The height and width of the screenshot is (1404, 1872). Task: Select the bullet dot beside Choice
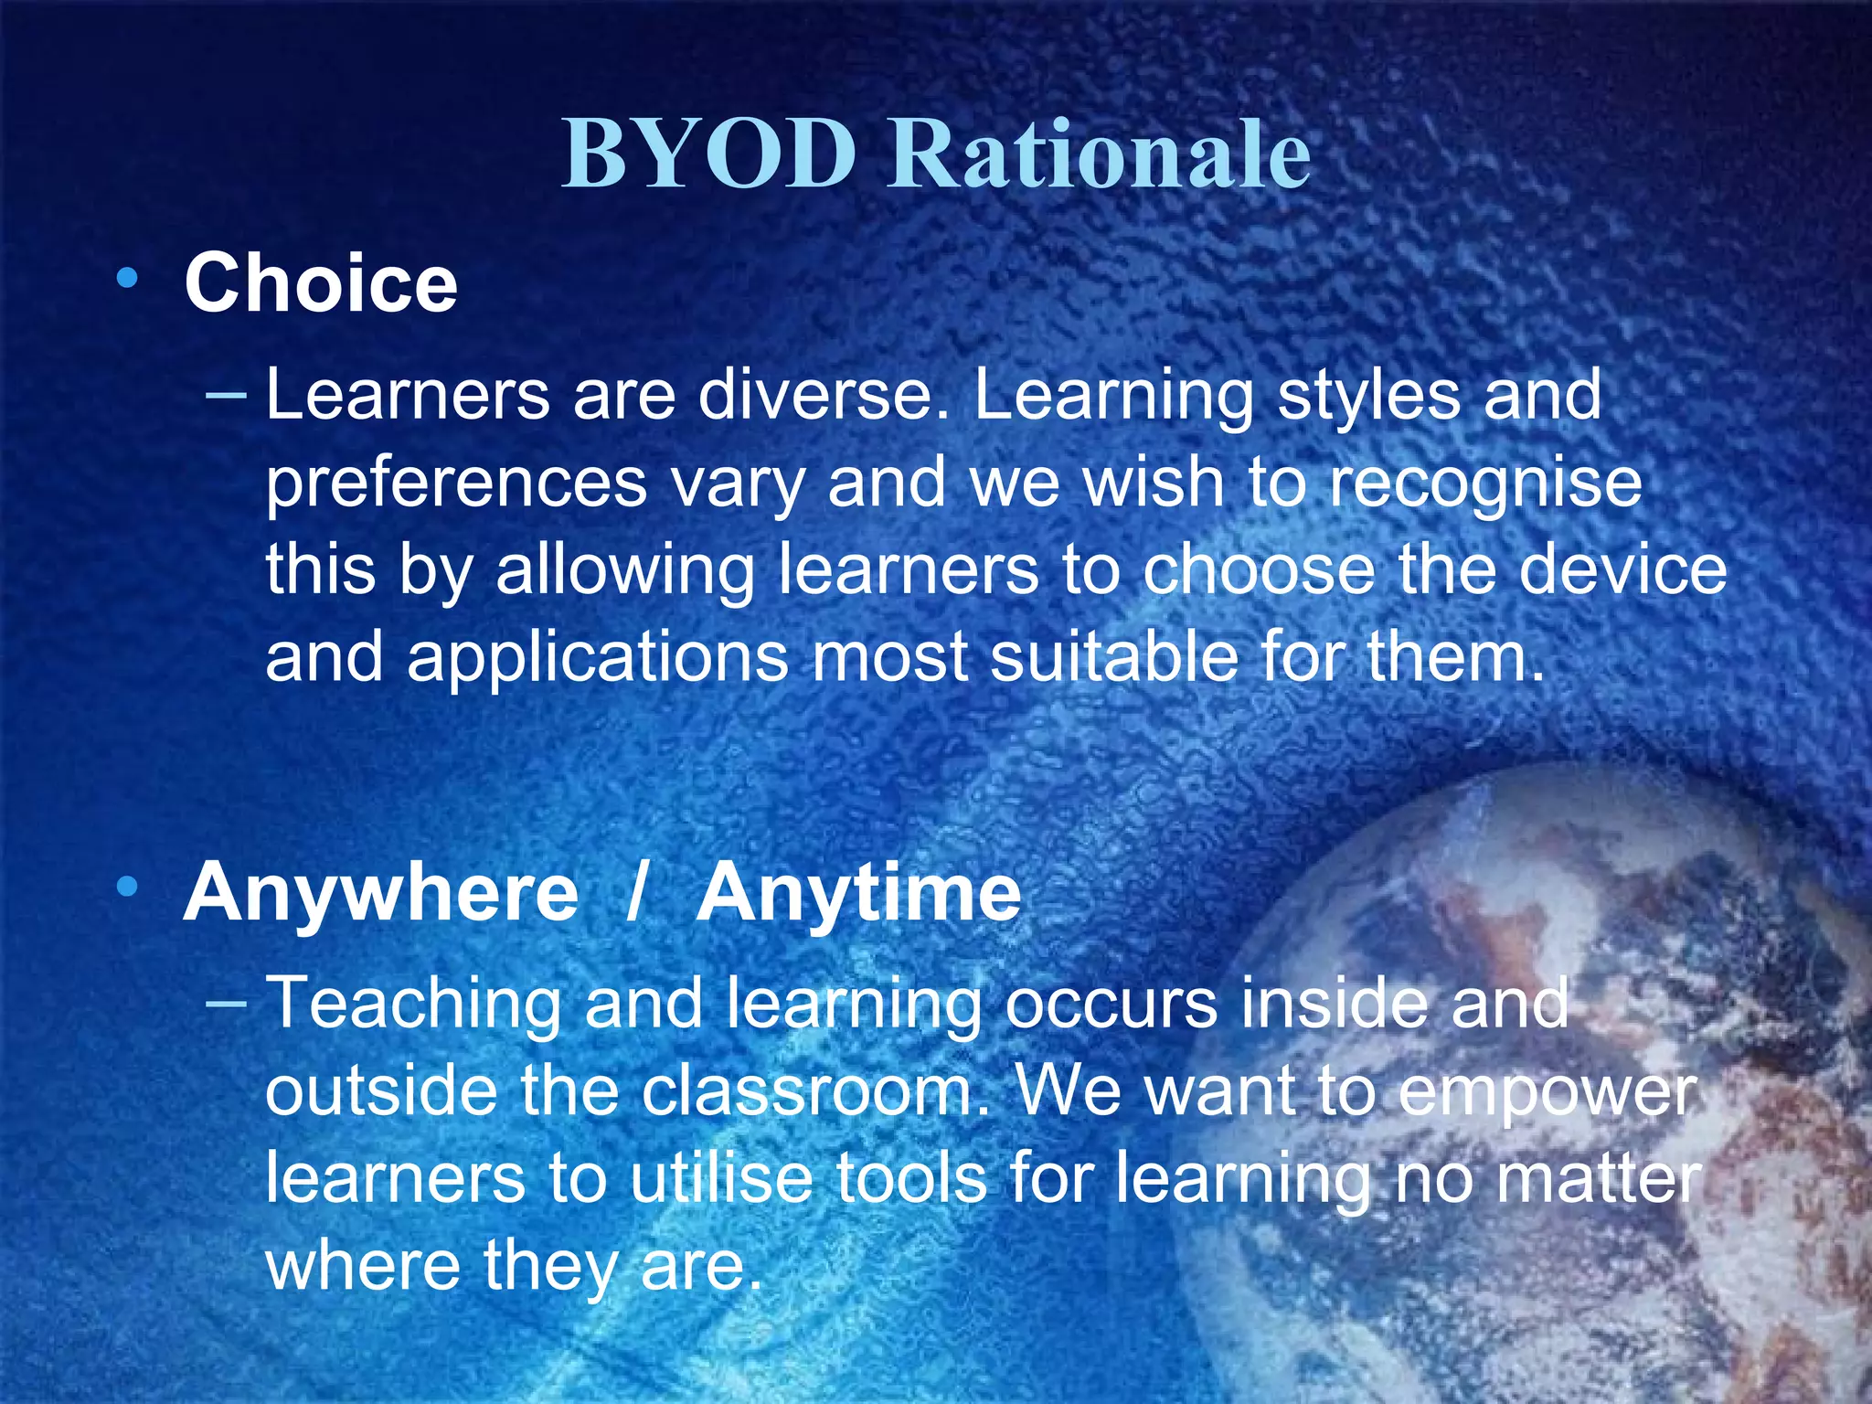coord(128,276)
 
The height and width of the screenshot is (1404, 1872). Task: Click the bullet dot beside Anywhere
coord(128,885)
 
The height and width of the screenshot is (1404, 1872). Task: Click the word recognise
coord(1485,484)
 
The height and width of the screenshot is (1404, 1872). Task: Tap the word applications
coord(598,658)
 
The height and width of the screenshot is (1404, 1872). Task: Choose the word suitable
coord(1113,658)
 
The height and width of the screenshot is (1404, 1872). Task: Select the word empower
coord(1548,1093)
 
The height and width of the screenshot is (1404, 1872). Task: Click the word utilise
coord(721,1179)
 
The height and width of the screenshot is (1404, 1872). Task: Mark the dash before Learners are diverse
coord(226,395)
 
